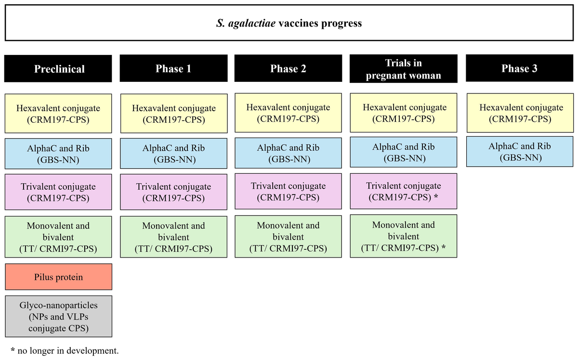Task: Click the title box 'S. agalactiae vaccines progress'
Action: [289, 23]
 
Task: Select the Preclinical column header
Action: [58, 69]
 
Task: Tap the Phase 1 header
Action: [174, 68]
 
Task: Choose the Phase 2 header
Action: [288, 68]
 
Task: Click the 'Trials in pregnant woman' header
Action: [404, 69]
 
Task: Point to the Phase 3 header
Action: [519, 68]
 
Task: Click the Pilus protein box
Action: [59, 277]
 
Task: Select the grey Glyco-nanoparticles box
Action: [59, 316]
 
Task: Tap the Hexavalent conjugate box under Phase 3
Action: [520, 113]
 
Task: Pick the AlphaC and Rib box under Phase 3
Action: [520, 152]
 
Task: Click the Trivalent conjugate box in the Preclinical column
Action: [58, 192]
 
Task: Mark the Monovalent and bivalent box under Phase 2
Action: [288, 236]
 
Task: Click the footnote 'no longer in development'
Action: [68, 351]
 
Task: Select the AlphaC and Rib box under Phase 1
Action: [174, 154]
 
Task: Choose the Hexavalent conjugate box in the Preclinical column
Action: [58, 114]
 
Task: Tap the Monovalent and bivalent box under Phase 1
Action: [174, 237]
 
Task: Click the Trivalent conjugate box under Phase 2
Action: [288, 192]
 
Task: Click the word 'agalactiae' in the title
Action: [252, 24]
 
